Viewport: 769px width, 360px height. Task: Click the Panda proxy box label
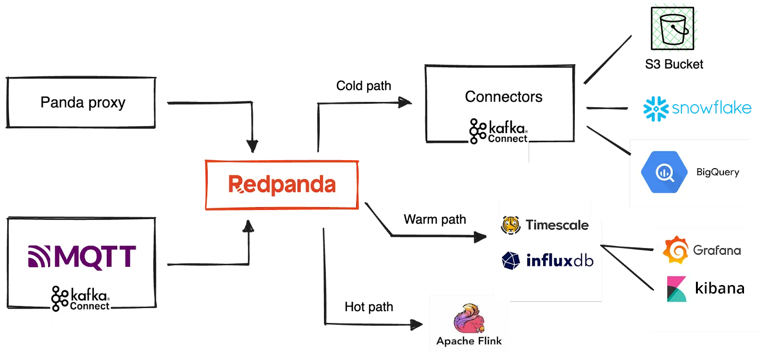[x=83, y=102]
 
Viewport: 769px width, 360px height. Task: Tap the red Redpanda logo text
[x=282, y=185]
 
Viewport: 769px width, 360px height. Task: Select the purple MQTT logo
[x=82, y=256]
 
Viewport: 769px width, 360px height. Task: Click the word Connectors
[x=503, y=97]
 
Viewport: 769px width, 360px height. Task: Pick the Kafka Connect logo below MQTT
[x=80, y=299]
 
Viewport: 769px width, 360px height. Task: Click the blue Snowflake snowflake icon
[x=656, y=109]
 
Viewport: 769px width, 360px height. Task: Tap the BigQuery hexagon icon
[x=664, y=172]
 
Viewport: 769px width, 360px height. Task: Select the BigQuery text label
[x=718, y=172]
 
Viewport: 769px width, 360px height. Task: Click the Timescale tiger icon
[x=510, y=225]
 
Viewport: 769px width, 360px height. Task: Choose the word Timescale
[x=557, y=225]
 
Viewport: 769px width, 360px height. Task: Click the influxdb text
[x=560, y=261]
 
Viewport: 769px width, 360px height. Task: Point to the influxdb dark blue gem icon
[x=511, y=261]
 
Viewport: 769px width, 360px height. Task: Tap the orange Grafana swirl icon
[x=675, y=250]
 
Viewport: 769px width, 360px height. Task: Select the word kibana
[x=719, y=288]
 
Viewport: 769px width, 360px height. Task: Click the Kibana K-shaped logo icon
[x=676, y=289]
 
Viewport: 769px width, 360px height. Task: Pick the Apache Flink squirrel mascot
[x=469, y=318]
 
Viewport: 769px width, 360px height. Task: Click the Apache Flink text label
[x=469, y=341]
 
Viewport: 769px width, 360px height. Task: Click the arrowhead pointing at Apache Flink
[x=414, y=325]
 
